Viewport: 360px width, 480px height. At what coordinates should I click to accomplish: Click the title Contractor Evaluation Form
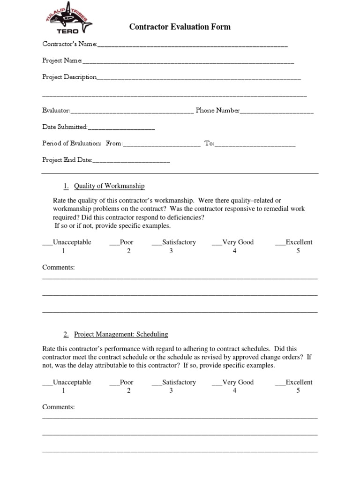click(180, 27)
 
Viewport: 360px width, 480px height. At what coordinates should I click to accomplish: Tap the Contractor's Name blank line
click(192, 45)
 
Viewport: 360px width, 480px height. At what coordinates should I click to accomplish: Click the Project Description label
click(69, 77)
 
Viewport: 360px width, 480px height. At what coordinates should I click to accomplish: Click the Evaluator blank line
click(132, 112)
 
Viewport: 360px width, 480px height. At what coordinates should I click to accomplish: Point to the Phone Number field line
click(277, 112)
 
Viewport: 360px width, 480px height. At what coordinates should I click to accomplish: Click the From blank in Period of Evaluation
click(161, 145)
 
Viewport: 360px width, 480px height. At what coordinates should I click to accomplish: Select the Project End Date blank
click(131, 161)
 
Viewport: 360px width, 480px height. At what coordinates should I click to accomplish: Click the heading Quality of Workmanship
click(109, 186)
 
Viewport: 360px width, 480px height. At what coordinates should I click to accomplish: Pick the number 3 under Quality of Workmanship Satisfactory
click(171, 251)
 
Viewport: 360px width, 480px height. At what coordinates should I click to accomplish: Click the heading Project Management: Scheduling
click(121, 335)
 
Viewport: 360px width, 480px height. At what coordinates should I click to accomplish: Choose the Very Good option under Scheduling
click(217, 383)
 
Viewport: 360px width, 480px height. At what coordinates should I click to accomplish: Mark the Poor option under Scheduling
click(114, 383)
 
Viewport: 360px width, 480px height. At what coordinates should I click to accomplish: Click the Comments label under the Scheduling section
click(59, 407)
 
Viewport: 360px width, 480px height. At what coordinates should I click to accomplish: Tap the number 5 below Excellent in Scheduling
click(298, 391)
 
